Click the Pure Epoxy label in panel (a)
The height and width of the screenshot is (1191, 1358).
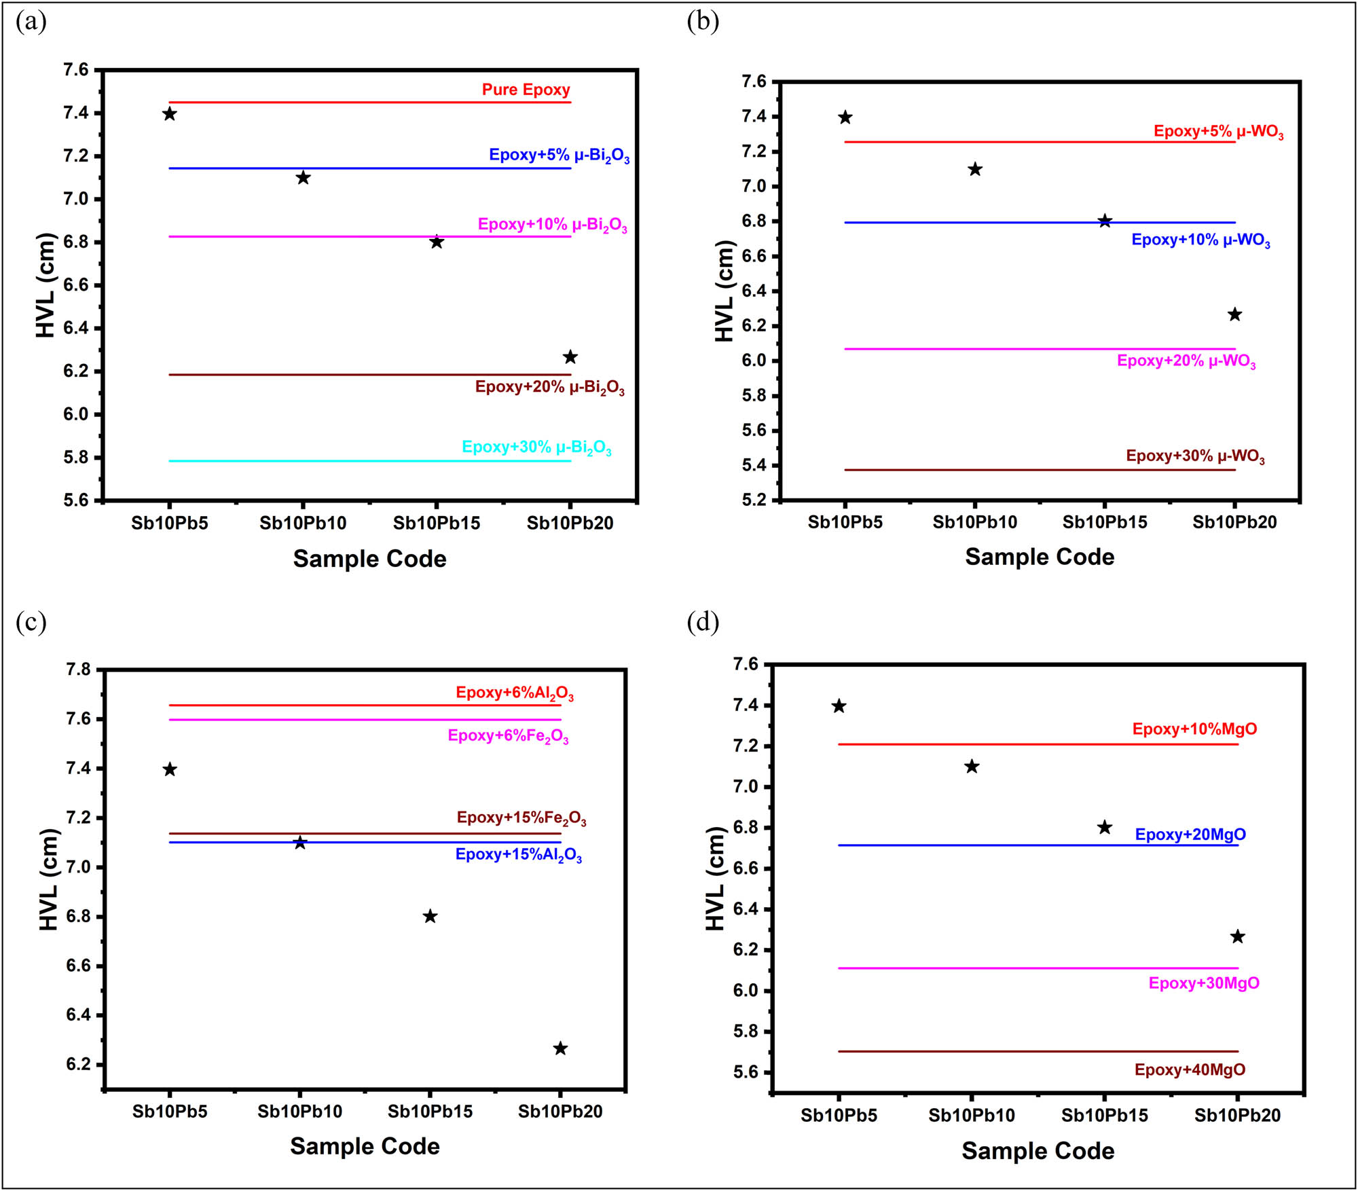pos(526,90)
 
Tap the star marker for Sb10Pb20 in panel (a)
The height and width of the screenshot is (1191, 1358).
pos(570,357)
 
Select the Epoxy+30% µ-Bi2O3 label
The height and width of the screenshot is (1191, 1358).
pos(536,447)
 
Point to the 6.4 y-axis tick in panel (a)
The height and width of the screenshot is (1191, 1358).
pos(75,328)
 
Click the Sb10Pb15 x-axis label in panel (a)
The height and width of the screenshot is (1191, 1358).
pos(437,523)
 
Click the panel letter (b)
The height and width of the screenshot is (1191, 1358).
pos(703,22)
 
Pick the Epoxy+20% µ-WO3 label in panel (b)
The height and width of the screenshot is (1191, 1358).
pos(1186,361)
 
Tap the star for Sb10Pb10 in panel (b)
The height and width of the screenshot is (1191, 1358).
pos(975,170)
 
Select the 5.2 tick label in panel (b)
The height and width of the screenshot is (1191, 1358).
pos(753,500)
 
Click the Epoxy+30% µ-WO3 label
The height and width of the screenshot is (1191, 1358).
pos(1195,456)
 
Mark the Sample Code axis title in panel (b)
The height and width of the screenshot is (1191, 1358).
pos(1040,557)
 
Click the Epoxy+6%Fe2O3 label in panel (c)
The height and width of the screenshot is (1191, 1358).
pos(508,736)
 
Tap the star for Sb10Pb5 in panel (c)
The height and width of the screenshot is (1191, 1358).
pos(170,769)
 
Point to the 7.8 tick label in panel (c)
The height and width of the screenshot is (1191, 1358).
pos(78,670)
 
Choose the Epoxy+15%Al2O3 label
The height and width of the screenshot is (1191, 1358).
pos(518,855)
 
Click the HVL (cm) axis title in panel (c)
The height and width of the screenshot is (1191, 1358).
pos(49,879)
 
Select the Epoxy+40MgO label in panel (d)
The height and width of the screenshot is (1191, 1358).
pos(1190,1070)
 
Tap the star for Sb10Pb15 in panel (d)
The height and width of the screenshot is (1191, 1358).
pos(1105,827)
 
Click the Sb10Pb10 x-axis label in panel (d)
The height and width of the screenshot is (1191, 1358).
pos(972,1116)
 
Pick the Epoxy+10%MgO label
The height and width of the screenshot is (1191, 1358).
pos(1194,729)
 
